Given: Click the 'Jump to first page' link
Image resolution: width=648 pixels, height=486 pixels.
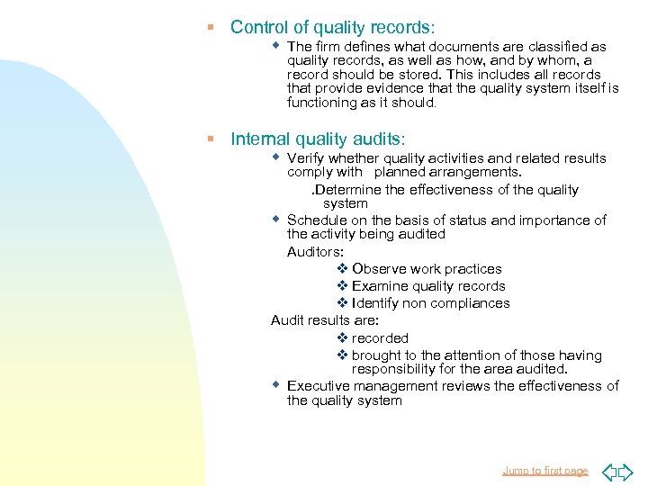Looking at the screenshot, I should coord(544,471).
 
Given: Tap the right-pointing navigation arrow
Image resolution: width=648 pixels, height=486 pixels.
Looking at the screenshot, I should coord(627,471).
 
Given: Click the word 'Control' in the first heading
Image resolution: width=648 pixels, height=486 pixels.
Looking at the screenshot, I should coord(258,28).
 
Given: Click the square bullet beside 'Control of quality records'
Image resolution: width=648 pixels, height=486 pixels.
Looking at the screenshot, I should coord(210,28).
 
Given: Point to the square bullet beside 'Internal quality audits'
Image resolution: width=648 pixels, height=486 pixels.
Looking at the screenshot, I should coord(210,139).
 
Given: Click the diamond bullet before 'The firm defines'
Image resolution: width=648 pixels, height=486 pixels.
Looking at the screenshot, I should coord(277,45).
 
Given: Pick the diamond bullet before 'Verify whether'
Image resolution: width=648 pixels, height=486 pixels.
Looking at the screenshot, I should coord(277,157).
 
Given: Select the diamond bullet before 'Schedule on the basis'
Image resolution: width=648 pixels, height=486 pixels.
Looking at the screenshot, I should coord(277,219).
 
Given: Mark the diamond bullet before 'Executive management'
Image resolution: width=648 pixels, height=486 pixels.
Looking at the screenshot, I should coord(277,384).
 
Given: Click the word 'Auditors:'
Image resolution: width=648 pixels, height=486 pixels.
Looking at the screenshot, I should coord(315,252).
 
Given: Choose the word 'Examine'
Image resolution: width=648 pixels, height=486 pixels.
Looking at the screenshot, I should coord(380,286).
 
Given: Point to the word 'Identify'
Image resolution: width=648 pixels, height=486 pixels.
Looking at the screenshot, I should coord(377,303).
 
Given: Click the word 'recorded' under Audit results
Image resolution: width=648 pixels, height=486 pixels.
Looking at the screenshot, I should coord(380,338).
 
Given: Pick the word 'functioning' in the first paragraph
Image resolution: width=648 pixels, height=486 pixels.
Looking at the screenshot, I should coord(323,103).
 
